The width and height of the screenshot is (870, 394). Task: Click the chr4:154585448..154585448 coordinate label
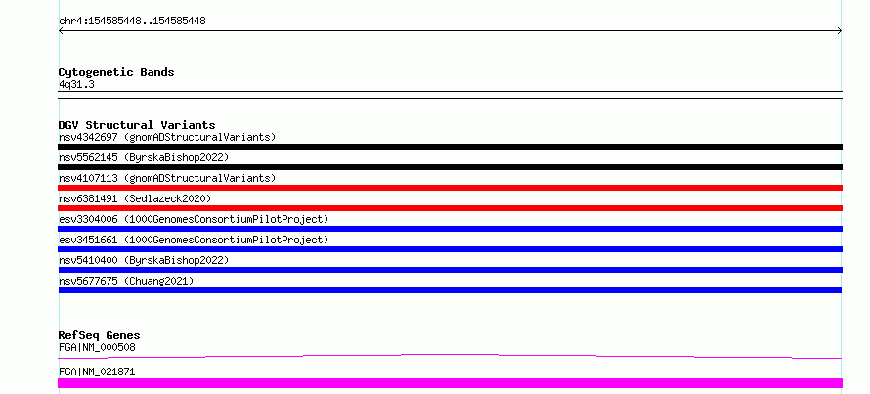click(x=132, y=22)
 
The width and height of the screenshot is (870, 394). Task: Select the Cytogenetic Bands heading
click(x=116, y=72)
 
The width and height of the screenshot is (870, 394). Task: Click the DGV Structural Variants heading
click(x=137, y=125)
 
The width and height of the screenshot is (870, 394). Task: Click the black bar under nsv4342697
click(x=450, y=147)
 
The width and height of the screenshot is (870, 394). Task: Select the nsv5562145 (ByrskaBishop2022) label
click(x=144, y=157)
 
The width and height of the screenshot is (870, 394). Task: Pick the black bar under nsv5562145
click(x=450, y=167)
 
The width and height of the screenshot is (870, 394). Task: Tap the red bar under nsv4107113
click(x=450, y=188)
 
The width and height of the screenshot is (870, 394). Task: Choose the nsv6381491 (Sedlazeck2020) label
click(x=135, y=198)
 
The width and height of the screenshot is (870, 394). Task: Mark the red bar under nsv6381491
click(x=450, y=208)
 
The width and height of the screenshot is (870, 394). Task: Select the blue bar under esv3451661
click(x=450, y=249)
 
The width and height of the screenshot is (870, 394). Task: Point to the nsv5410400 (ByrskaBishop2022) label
click(x=144, y=260)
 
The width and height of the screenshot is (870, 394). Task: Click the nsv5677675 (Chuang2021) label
click(x=126, y=281)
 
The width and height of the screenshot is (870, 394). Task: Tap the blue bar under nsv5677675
click(x=450, y=290)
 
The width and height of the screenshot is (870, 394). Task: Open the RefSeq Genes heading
click(x=100, y=335)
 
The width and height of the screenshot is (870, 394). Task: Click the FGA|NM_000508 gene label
click(x=97, y=348)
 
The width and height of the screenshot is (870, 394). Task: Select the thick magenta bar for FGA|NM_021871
click(x=450, y=383)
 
